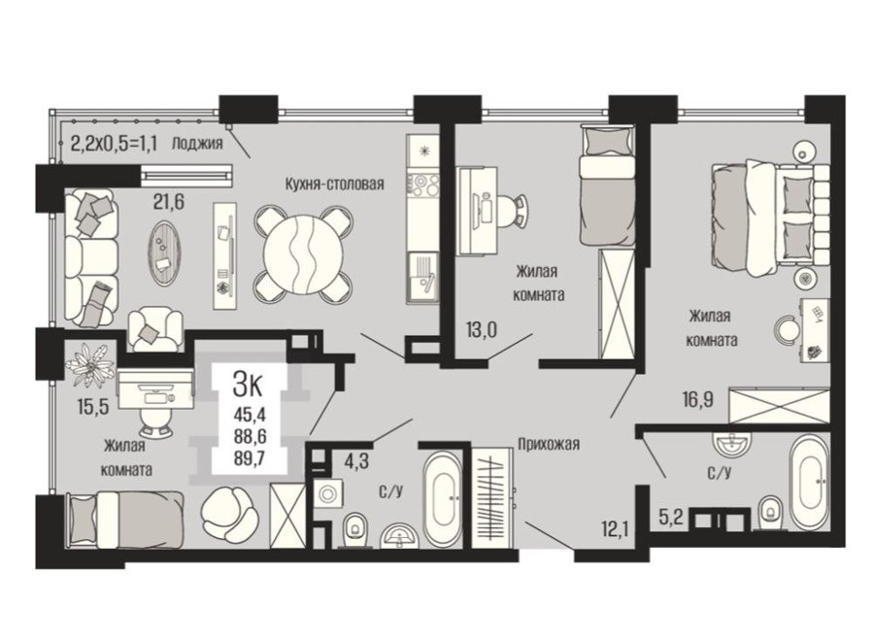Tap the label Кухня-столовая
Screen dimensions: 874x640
click(334, 184)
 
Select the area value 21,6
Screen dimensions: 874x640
click(169, 202)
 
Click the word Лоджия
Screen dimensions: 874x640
click(197, 144)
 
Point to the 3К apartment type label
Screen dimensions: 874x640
click(249, 385)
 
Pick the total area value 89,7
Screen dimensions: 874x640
click(249, 458)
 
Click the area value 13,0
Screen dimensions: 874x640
click(481, 330)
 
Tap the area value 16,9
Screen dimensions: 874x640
click(698, 399)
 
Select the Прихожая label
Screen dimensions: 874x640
click(549, 444)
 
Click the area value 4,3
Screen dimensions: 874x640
click(356, 462)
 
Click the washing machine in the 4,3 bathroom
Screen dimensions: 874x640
click(326, 492)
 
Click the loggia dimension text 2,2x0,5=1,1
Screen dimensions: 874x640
click(115, 144)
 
